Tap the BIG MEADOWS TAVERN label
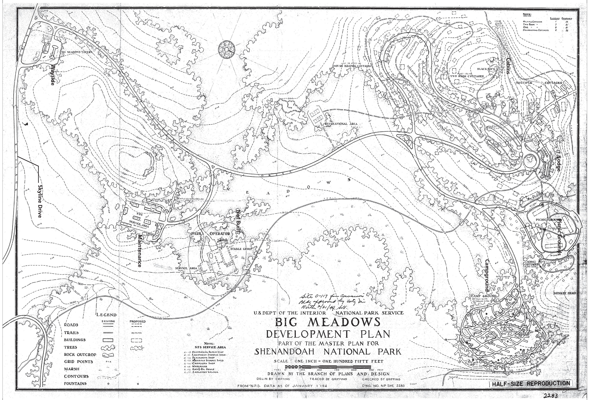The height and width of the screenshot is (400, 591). (77, 52)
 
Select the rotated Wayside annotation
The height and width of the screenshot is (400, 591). (53, 74)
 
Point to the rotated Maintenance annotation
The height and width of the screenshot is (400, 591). (140, 251)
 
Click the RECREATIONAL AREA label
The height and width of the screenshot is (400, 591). (340, 124)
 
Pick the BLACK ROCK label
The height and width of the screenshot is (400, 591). (478, 69)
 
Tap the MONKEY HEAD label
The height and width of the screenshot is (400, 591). (564, 293)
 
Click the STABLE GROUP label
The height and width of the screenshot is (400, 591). (241, 249)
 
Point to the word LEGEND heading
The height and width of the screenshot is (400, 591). (106, 315)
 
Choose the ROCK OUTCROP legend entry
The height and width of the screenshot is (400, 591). (80, 354)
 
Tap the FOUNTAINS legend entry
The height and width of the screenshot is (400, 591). (75, 384)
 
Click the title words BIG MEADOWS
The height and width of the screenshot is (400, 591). (328, 322)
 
